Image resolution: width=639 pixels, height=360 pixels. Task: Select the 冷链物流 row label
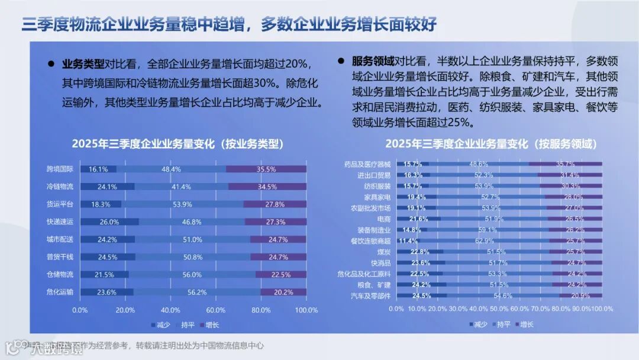click(60, 187)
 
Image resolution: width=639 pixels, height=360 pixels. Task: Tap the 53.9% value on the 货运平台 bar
click(182, 204)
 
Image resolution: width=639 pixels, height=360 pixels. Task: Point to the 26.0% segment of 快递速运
click(109, 222)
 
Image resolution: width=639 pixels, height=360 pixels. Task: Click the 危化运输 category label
click(60, 292)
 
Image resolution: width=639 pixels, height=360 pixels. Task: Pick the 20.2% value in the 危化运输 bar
click(283, 292)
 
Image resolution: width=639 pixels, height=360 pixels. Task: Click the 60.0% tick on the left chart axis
click(216, 310)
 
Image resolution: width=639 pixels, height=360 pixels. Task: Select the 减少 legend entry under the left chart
click(159, 325)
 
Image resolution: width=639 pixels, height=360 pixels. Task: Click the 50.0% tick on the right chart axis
click(499, 309)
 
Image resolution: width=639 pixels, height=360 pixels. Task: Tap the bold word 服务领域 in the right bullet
click(373, 62)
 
